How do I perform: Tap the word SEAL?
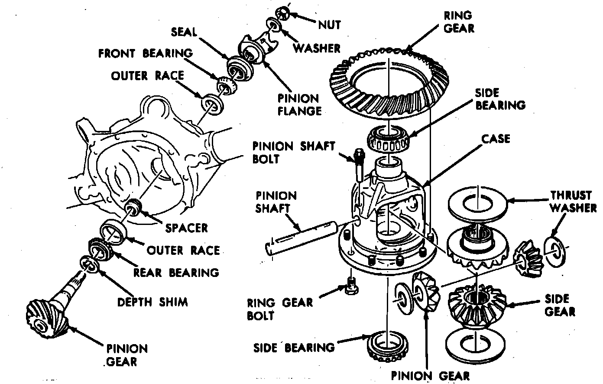click(x=184, y=32)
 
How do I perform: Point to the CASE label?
click(x=496, y=139)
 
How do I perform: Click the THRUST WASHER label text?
click(x=573, y=202)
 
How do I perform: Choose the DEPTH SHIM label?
click(x=152, y=302)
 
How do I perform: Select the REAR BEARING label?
click(x=176, y=272)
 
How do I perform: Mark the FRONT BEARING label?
click(x=145, y=53)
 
